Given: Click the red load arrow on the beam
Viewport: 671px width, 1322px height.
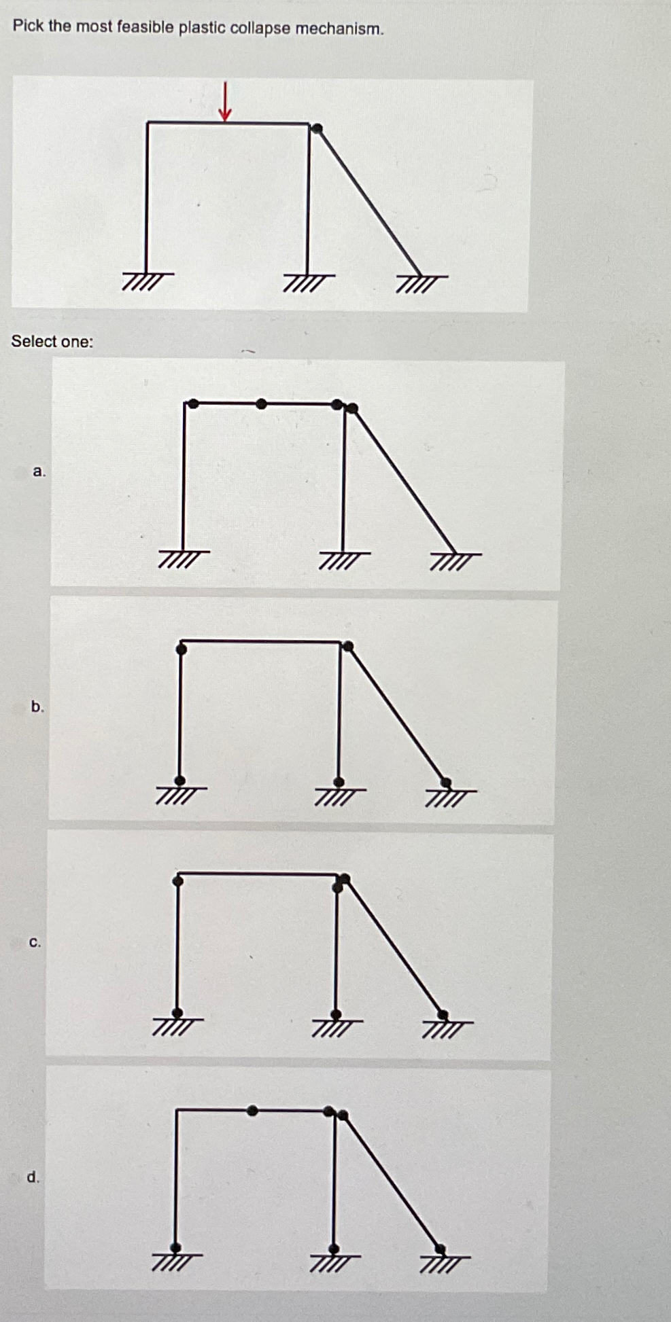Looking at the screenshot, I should (225, 102).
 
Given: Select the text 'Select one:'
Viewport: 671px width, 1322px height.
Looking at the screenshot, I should (52, 341).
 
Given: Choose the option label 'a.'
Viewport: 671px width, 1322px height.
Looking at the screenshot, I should (39, 471).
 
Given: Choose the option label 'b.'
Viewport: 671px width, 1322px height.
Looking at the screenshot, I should (37, 707).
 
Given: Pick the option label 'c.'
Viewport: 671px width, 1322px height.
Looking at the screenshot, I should (35, 942).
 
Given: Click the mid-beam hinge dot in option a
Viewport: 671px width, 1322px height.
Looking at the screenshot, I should (262, 404).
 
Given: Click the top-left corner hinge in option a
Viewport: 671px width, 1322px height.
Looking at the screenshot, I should (193, 404).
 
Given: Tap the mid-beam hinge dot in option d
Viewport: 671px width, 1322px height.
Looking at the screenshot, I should (253, 1111).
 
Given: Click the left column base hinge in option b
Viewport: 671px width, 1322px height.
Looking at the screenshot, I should (179, 781).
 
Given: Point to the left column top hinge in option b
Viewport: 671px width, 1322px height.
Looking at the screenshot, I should (181, 649).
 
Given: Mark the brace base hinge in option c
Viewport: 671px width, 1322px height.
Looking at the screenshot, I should (443, 1015).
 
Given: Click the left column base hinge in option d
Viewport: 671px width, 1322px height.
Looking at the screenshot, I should (176, 1248).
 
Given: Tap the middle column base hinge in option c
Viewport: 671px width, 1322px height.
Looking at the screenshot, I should (336, 1014).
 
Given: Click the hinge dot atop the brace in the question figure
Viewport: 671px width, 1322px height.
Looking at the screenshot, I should (317, 128).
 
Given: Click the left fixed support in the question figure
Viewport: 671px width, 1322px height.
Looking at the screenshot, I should (148, 279).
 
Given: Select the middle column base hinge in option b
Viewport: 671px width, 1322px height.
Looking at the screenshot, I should (339, 782).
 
